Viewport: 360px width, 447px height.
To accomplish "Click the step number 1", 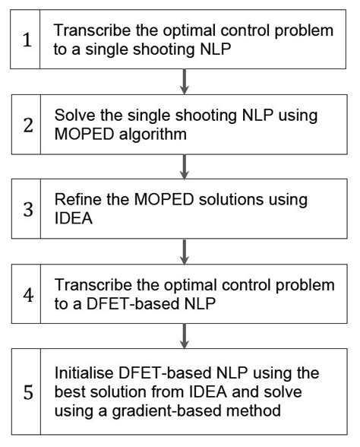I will [x=27, y=40].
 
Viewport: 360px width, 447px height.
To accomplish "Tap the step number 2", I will [x=27, y=125].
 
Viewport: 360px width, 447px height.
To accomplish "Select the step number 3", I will [x=27, y=208].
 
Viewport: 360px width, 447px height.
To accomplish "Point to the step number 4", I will [x=27, y=293].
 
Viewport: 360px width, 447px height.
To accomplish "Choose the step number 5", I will [x=27, y=392].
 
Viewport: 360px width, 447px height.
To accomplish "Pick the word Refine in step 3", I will [x=77, y=201].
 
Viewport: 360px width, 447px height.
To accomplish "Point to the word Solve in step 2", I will [x=73, y=116].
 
